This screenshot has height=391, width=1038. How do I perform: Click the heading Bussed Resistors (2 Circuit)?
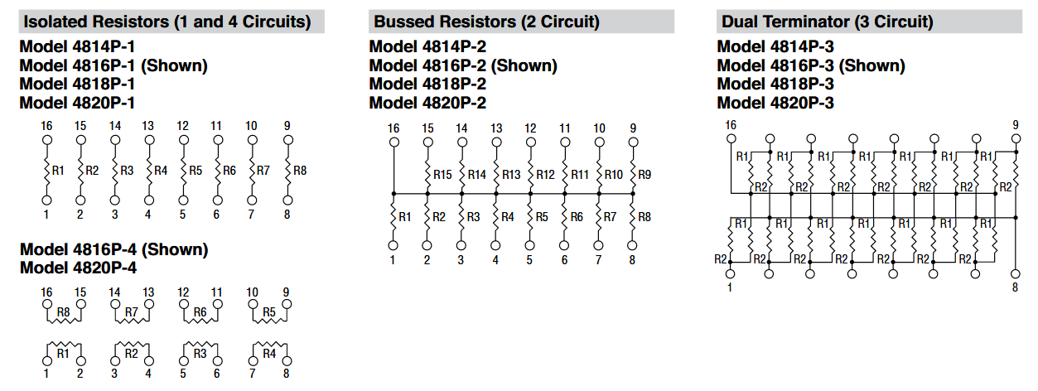coord(486,22)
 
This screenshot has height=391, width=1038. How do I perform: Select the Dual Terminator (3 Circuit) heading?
coord(827,22)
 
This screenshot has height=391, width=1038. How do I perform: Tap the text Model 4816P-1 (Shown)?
coord(113,65)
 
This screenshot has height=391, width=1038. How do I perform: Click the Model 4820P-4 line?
coord(78,268)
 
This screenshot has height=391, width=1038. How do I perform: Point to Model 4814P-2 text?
coord(427,47)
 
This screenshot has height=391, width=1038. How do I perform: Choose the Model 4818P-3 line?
coord(775,84)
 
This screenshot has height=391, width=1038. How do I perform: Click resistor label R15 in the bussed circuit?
coord(442,175)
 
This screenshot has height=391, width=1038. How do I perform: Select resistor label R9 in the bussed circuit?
coord(645,175)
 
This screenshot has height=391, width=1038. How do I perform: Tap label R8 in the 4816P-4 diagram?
coord(64,312)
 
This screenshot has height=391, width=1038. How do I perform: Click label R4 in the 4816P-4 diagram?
coord(269,354)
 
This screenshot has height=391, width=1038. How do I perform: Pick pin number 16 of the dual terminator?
coord(730,125)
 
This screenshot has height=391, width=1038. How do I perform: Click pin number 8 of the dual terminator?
coord(1016,287)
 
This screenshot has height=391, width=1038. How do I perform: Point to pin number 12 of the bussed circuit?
coord(530,128)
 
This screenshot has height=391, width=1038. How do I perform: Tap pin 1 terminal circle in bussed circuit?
coord(393,245)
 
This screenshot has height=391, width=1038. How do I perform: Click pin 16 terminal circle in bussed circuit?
coord(393,142)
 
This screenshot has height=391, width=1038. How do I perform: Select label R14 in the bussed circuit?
coord(476,175)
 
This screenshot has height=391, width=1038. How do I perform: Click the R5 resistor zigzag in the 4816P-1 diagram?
coord(184,170)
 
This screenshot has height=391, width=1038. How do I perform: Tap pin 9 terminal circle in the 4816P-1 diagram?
coord(287,141)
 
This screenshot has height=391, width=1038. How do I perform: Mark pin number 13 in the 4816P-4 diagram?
coord(148,292)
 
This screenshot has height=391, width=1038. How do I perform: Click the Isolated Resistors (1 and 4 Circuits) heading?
coord(167,22)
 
